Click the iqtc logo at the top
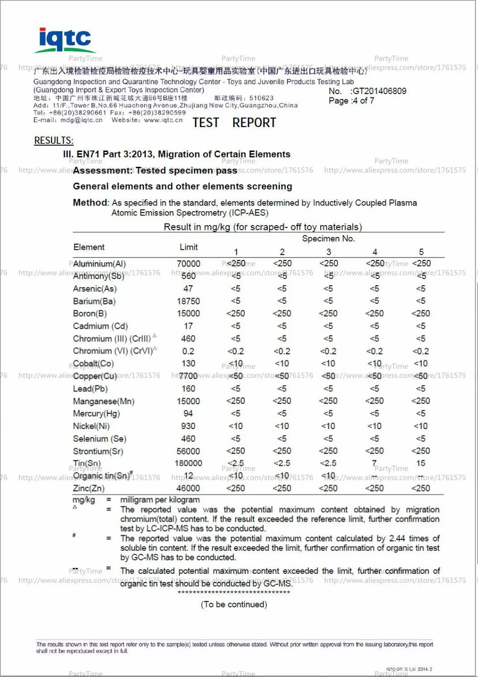click(x=65, y=40)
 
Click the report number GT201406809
click(x=379, y=91)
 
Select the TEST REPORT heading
click(x=234, y=123)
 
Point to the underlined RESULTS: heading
click(x=54, y=140)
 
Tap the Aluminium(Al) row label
click(x=99, y=264)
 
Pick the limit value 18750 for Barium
click(x=188, y=301)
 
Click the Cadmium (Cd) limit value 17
click(x=188, y=326)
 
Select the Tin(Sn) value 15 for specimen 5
click(x=421, y=463)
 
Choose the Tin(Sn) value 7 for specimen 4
click(x=374, y=463)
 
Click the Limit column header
click(x=188, y=247)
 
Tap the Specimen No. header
click(x=328, y=238)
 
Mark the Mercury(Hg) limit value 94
click(x=188, y=413)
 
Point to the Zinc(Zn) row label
click(x=88, y=488)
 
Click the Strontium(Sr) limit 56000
click(x=188, y=451)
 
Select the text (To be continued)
click(x=234, y=604)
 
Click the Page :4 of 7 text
click(x=351, y=101)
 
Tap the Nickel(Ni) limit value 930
click(x=188, y=426)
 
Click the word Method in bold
click(x=90, y=203)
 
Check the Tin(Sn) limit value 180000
click(x=188, y=463)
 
